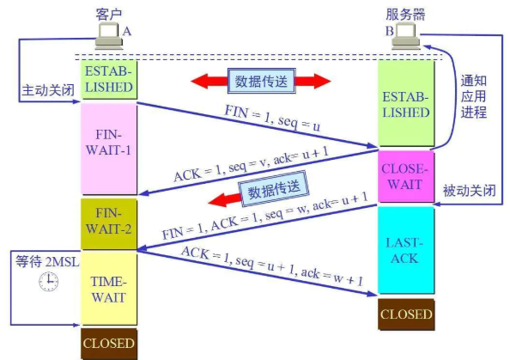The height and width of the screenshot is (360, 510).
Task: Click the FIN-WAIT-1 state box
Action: click(x=109, y=149)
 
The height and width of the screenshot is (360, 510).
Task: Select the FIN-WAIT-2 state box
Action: click(x=109, y=224)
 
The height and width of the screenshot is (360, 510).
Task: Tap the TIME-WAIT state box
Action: click(x=109, y=289)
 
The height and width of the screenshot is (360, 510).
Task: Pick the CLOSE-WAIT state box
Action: click(x=406, y=176)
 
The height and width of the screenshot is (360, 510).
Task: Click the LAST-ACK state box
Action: click(x=406, y=250)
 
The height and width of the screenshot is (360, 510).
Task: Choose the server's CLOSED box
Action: click(x=406, y=314)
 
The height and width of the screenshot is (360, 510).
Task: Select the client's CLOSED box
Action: click(x=109, y=344)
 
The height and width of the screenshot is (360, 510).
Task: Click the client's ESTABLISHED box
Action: click(x=109, y=79)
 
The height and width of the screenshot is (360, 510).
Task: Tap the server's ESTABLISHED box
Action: click(x=406, y=103)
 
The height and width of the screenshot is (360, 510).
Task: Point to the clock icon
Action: click(x=49, y=282)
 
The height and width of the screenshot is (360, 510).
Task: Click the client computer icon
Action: click(x=109, y=36)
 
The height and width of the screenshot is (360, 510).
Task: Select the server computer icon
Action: click(x=406, y=37)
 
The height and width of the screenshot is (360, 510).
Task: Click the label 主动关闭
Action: click(x=48, y=90)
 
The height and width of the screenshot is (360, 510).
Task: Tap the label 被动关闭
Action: click(x=470, y=191)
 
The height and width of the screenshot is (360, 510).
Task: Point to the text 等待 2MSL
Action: click(x=47, y=261)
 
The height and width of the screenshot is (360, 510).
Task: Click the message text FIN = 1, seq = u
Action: click(x=272, y=119)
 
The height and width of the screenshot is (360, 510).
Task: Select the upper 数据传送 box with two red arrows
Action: click(x=261, y=81)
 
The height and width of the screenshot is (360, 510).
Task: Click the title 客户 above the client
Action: click(x=109, y=14)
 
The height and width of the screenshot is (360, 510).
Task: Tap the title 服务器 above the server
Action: click(x=405, y=15)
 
